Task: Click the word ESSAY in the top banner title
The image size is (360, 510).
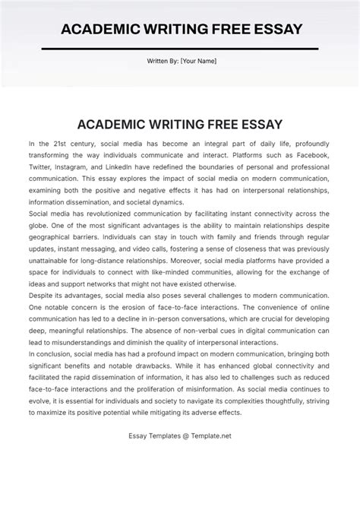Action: [x=271, y=29]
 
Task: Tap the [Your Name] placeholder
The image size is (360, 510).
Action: [x=197, y=62]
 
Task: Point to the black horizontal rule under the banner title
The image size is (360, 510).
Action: [x=180, y=48]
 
